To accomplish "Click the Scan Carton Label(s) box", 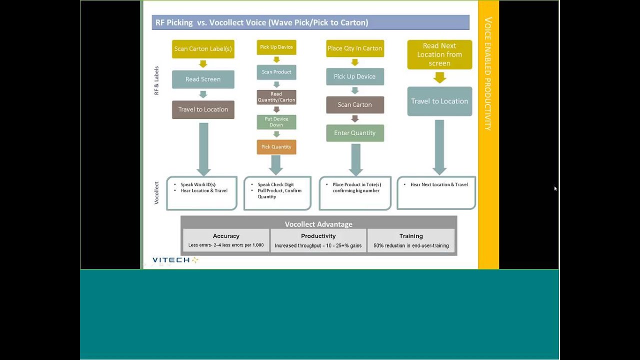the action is pos(203,49).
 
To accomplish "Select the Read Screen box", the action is pos(203,79).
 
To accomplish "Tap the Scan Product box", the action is pos(276,72).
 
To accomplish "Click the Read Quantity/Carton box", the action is pos(276,97).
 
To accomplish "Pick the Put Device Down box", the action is pos(276,122).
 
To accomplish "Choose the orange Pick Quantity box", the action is pos(276,147).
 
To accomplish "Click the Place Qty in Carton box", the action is pos(355,48).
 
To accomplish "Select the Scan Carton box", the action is pos(355,105).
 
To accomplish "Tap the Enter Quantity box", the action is pos(355,133).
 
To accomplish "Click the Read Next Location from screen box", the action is pos(439,54).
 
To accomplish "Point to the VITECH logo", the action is pos(175,260).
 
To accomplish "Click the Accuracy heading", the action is pos(226,236).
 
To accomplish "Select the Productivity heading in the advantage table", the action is pos(318,236).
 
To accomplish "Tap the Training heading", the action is pos(411,236).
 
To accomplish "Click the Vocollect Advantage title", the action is pos(318,224).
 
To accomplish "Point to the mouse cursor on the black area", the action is pos(555,188).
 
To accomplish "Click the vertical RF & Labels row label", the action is pos(156,80).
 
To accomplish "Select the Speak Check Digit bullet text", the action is pos(275,185).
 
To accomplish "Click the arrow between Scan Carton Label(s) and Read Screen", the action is pos(203,64).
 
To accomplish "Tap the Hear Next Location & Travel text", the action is pos(439,185).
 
